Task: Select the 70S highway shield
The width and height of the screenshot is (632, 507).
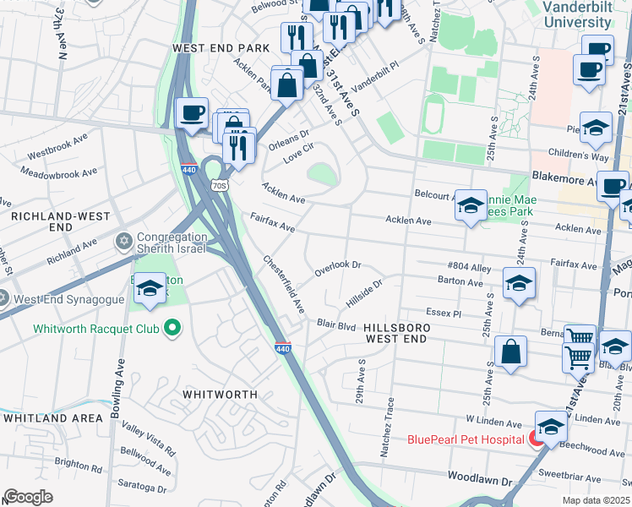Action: (220, 185)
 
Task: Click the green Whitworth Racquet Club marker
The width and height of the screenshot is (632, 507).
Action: (173, 327)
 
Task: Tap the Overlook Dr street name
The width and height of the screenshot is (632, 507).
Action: (338, 269)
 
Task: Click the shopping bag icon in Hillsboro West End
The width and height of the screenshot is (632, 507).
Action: (511, 355)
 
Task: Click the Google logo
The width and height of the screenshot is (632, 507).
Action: (28, 497)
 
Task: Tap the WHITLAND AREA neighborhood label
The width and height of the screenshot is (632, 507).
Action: (47, 417)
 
